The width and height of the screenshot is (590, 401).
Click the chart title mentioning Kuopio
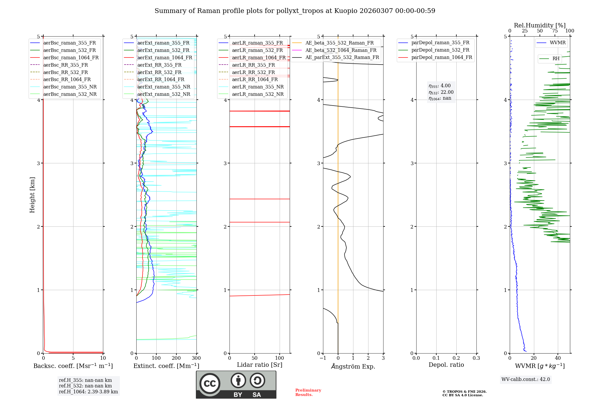(295, 11)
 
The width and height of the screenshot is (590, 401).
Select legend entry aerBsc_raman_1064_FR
(71, 57)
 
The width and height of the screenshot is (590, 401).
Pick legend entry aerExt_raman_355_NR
(164, 87)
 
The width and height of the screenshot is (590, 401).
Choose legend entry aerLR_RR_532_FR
(253, 72)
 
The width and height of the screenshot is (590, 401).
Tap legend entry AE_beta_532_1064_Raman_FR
(341, 50)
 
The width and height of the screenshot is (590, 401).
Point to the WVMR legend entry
(558, 43)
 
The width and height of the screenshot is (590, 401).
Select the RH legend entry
(556, 59)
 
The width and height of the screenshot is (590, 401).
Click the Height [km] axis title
(32, 195)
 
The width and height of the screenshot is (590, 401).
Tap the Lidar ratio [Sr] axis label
(260, 365)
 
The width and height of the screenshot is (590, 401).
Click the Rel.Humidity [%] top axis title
(540, 25)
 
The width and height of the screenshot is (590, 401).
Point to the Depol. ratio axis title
(446, 365)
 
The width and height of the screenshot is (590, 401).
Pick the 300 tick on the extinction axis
(196, 358)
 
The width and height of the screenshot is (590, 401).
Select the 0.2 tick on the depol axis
(456, 358)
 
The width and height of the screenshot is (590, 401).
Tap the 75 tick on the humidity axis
(555, 31)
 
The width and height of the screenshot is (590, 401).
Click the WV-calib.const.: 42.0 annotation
(526, 379)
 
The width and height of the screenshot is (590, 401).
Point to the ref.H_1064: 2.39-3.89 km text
(88, 392)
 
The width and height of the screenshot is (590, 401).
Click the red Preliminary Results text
(308, 392)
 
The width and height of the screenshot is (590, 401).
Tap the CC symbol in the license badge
(210, 384)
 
